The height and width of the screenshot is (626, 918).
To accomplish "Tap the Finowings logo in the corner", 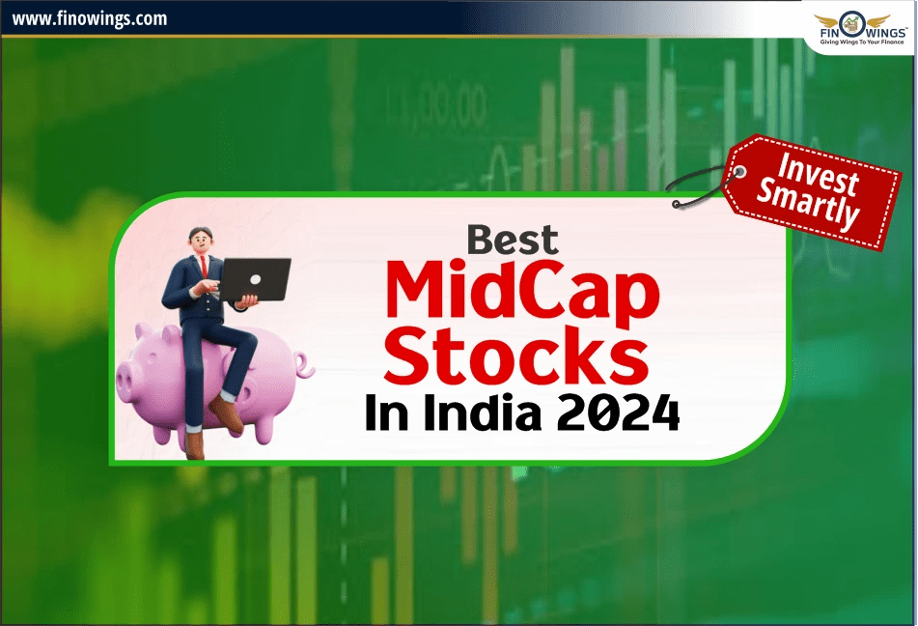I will [x=860, y=26].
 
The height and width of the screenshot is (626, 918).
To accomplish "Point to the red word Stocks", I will [x=521, y=355].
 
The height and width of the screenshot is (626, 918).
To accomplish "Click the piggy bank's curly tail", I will [x=303, y=366].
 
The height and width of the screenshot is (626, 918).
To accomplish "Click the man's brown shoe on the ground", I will [x=196, y=444].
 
